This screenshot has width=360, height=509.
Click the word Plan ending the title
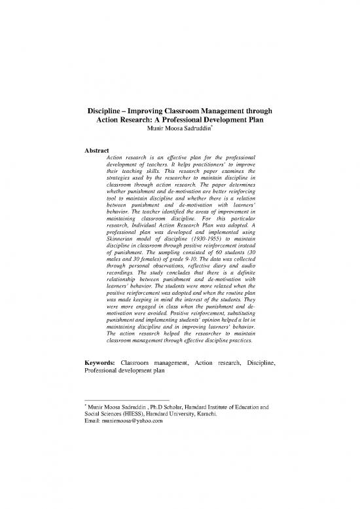(x=273, y=121)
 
